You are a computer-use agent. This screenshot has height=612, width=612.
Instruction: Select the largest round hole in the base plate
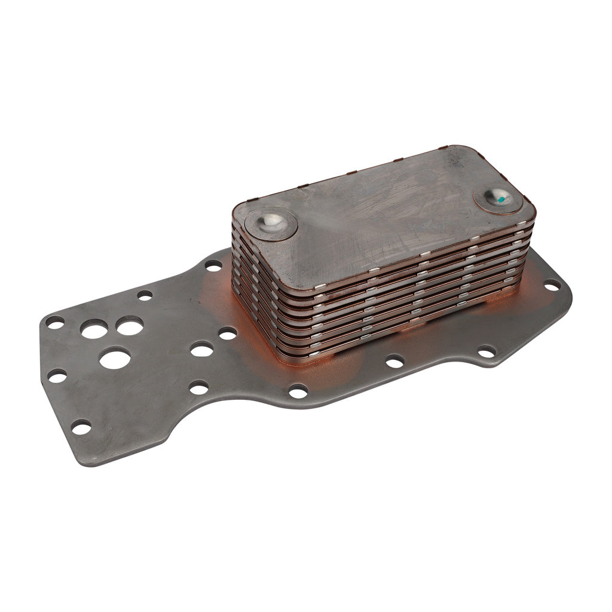point(115,358)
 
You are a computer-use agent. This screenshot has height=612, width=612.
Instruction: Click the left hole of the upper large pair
point(94,329)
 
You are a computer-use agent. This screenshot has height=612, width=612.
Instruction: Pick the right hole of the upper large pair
point(130,326)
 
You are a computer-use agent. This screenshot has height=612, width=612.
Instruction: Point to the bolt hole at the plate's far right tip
point(552,285)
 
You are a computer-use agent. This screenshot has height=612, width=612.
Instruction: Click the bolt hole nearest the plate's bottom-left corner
point(81,427)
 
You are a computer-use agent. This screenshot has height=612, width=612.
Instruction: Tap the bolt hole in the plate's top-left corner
point(55,322)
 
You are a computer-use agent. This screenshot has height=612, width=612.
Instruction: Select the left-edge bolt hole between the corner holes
point(57,376)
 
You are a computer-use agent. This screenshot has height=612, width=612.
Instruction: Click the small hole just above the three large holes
point(145,295)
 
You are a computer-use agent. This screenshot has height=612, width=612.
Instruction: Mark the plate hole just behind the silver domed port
point(213,265)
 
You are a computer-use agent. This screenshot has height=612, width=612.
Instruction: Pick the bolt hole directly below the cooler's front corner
point(298,391)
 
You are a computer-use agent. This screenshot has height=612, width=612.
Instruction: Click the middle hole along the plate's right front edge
point(394,361)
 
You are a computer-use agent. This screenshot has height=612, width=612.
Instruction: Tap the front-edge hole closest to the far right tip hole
point(486,351)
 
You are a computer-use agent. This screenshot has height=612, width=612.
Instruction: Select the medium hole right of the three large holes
point(202,349)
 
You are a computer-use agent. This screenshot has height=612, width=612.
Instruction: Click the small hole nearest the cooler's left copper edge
point(228,333)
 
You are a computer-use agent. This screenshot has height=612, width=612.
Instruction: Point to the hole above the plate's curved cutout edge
point(199,387)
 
